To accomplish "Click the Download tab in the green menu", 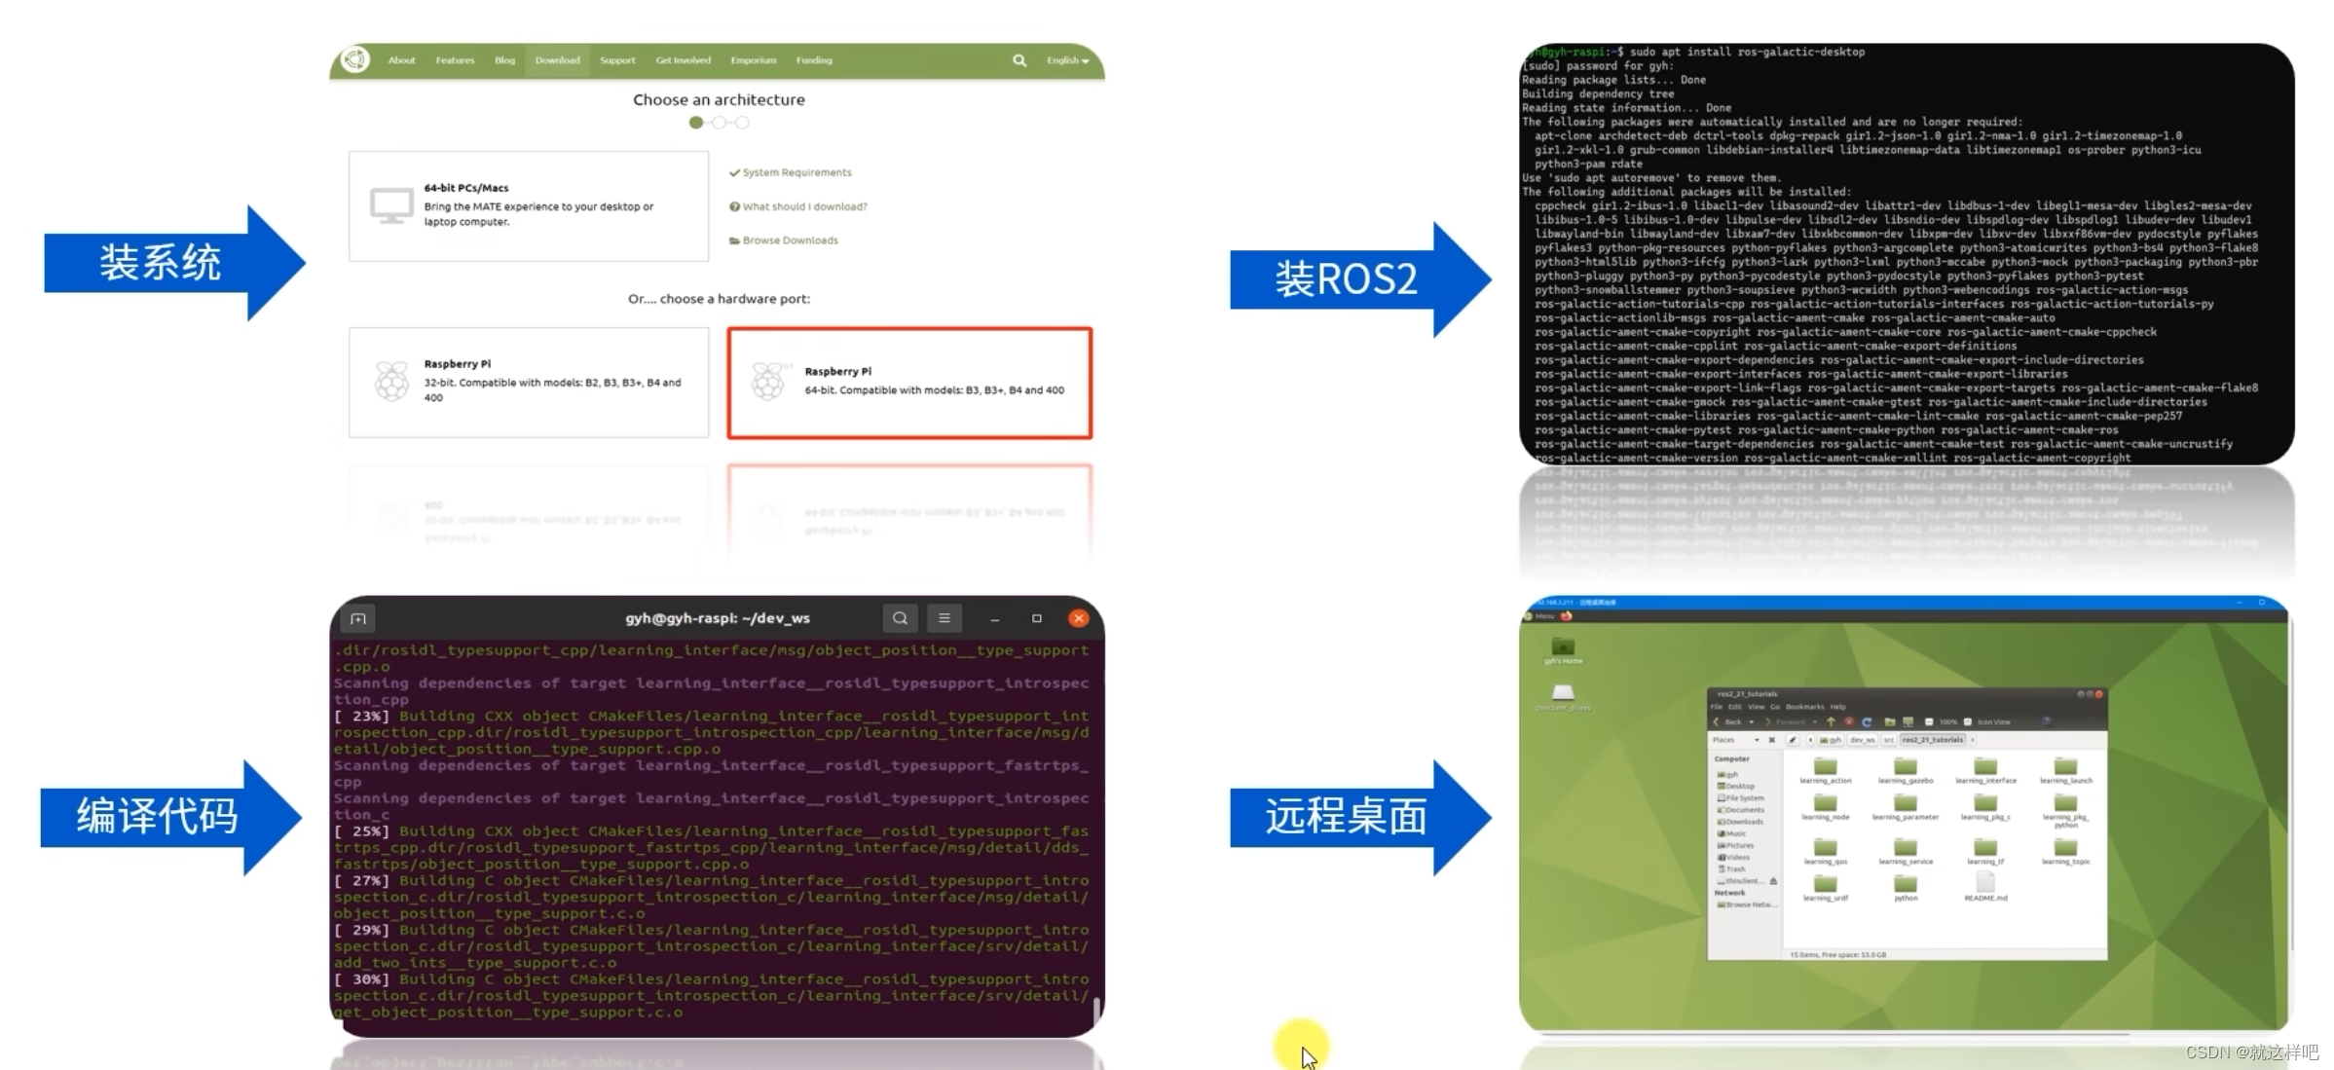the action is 557,60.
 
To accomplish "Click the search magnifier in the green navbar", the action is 1019,60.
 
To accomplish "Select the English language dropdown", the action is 1067,60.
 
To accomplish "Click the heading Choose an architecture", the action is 719,99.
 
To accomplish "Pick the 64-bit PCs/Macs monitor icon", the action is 391,205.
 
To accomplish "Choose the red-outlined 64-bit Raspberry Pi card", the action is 909,383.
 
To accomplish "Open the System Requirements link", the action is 796,172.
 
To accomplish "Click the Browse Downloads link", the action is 789,240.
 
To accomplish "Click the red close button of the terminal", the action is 1078,618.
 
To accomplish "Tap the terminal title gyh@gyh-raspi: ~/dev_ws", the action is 718,618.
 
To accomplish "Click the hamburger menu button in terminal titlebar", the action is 944,618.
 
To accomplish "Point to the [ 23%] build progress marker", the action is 361,717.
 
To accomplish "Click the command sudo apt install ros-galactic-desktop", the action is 1747,52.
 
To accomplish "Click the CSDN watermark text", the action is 2251,1052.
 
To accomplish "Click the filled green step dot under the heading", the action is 695,123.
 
